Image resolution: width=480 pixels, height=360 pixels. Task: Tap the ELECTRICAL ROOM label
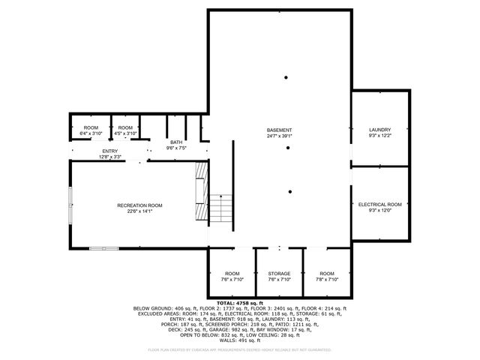(379, 204)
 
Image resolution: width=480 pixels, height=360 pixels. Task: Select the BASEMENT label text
(279, 130)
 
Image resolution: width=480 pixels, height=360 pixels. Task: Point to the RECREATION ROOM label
(139, 205)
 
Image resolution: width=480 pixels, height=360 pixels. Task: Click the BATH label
(175, 142)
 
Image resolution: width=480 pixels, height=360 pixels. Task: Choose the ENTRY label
(110, 151)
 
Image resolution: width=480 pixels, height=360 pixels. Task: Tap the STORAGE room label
(279, 273)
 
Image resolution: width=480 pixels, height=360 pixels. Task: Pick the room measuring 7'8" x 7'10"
(327, 276)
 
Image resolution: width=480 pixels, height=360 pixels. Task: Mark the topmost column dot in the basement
(286, 77)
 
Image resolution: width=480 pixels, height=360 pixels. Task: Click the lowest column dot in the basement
(289, 192)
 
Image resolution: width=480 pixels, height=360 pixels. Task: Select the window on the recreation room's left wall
(70, 200)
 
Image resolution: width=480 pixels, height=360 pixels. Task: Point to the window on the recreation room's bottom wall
(103, 248)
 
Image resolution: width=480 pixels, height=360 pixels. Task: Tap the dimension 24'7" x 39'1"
(279, 136)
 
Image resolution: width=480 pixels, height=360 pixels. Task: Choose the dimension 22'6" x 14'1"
(139, 211)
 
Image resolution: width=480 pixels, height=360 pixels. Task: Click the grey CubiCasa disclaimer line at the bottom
(239, 349)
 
